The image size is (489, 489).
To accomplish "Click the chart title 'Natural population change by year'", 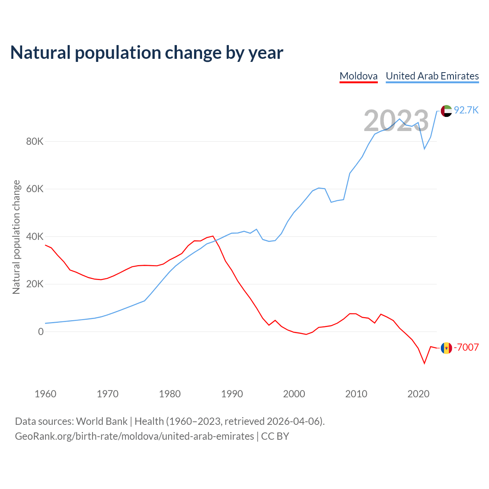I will [x=147, y=53].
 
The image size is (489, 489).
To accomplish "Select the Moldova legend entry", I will [x=358, y=76].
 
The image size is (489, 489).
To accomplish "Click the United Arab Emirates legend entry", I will [x=432, y=76].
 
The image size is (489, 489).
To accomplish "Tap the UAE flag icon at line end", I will [x=446, y=111].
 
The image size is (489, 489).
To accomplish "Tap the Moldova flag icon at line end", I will [x=446, y=348].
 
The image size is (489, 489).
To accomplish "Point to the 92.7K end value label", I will [x=466, y=110].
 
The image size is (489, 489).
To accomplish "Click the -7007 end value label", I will [x=466, y=347].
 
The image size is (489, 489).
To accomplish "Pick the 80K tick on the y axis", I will [x=35, y=142].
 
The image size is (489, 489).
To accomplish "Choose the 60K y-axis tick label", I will [x=35, y=189].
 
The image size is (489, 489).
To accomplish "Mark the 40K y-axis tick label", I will [x=35, y=237].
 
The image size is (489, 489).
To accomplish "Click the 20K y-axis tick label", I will [x=35, y=284].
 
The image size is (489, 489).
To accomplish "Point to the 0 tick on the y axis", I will [x=41, y=332].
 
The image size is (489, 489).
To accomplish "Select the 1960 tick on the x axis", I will [x=45, y=394].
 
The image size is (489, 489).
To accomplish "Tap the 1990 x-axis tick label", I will [x=232, y=394].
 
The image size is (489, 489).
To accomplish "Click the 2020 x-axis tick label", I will [x=418, y=394].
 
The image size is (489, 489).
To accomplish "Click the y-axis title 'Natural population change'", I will [x=16, y=237].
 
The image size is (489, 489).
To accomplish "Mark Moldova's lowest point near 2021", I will [x=424, y=363].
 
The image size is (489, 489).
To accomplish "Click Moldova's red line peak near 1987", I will [x=213, y=236].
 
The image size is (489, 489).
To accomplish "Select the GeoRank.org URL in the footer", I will [x=134, y=436].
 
